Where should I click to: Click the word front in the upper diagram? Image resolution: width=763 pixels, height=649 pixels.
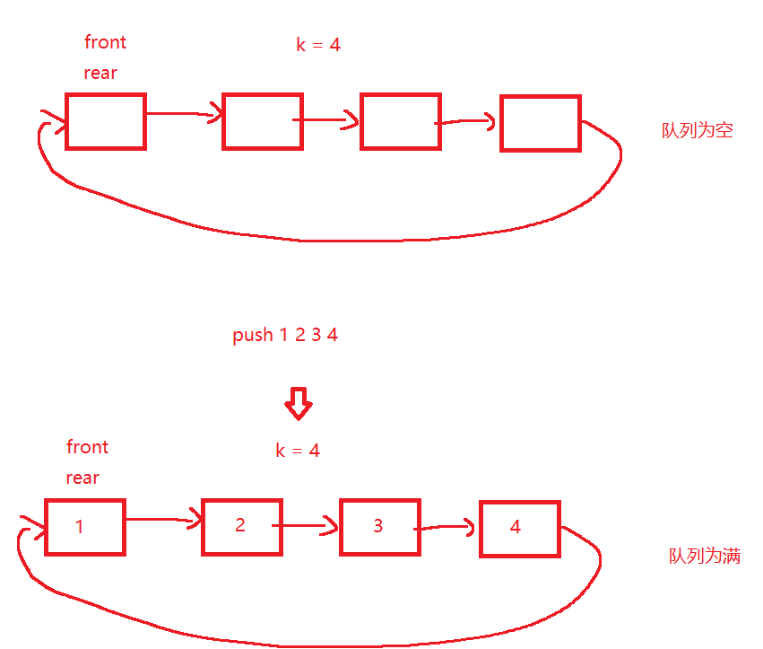click(x=105, y=42)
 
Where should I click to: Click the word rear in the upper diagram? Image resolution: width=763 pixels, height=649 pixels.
click(x=100, y=74)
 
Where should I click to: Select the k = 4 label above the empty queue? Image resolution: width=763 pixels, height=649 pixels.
click(x=318, y=44)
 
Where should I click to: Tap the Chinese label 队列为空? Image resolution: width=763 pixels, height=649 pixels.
click(x=698, y=130)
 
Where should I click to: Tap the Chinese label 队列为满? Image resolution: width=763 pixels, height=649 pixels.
click(x=705, y=556)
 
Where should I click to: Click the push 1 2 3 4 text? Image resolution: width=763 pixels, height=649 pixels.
click(x=285, y=336)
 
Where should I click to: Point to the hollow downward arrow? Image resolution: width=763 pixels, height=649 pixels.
click(x=298, y=404)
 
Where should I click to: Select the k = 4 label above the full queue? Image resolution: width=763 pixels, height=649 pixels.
click(x=298, y=451)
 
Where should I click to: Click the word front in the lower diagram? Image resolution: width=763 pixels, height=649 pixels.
click(x=87, y=447)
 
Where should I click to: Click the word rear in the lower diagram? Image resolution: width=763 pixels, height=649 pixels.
click(x=82, y=478)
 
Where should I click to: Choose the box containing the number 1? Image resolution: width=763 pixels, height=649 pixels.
click(x=85, y=527)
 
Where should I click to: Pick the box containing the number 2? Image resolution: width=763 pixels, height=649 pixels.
click(x=241, y=526)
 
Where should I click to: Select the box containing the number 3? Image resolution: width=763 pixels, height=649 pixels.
click(x=379, y=527)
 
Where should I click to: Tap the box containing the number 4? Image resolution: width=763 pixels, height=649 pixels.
click(x=519, y=528)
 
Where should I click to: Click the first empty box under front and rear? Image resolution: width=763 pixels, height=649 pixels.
click(x=106, y=121)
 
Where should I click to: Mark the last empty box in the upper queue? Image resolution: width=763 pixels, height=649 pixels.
click(x=540, y=123)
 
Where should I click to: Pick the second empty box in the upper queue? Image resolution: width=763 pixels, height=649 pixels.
click(x=262, y=121)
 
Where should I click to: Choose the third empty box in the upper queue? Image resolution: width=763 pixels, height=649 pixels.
click(x=400, y=121)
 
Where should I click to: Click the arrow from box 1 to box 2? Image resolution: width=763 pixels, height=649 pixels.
click(x=163, y=520)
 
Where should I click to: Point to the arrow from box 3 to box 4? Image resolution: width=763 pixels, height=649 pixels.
click(x=447, y=527)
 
